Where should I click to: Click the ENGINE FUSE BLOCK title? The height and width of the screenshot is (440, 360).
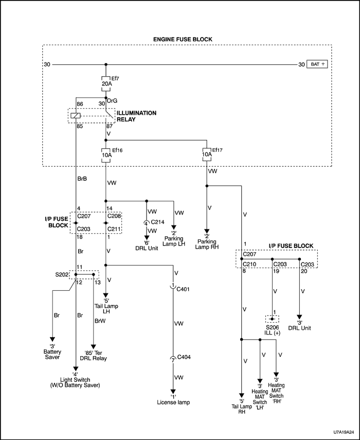tap(183, 39)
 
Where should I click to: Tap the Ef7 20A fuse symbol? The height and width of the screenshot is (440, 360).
tap(106, 83)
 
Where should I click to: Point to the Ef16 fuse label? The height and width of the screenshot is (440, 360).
tap(117, 150)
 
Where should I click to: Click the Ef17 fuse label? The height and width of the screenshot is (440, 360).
tap(217, 150)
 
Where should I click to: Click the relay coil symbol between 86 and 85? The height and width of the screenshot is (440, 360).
tap(75, 115)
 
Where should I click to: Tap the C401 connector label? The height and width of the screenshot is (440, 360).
tap(183, 289)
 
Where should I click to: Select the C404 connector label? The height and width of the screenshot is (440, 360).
tap(183, 357)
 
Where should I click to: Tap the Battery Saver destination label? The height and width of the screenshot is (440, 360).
tap(52, 354)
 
